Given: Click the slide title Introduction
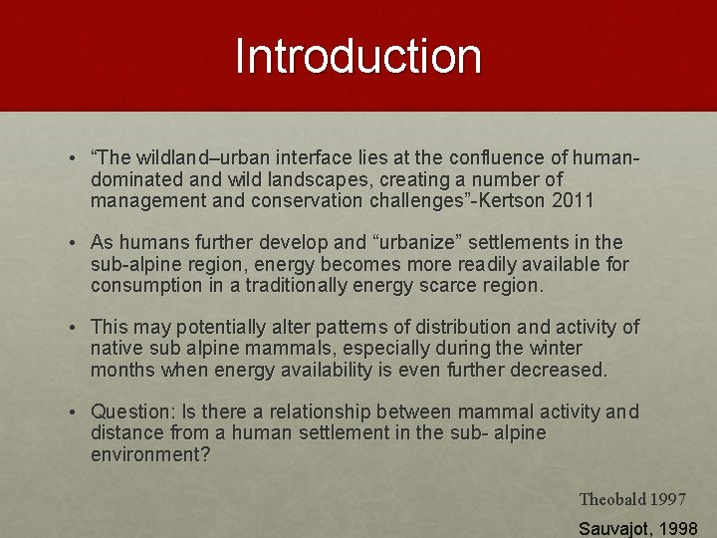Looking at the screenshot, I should coord(358,57).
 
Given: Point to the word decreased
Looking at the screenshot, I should coord(558,371).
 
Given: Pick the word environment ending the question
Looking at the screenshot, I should coord(150,455).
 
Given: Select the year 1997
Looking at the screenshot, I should coord(668,499).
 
